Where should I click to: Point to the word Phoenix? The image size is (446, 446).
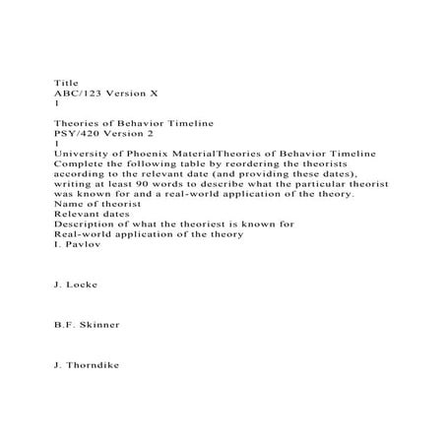[x=151, y=153]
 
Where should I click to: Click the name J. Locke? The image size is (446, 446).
[x=75, y=285]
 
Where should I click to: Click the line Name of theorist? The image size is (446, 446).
[x=98, y=204]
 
